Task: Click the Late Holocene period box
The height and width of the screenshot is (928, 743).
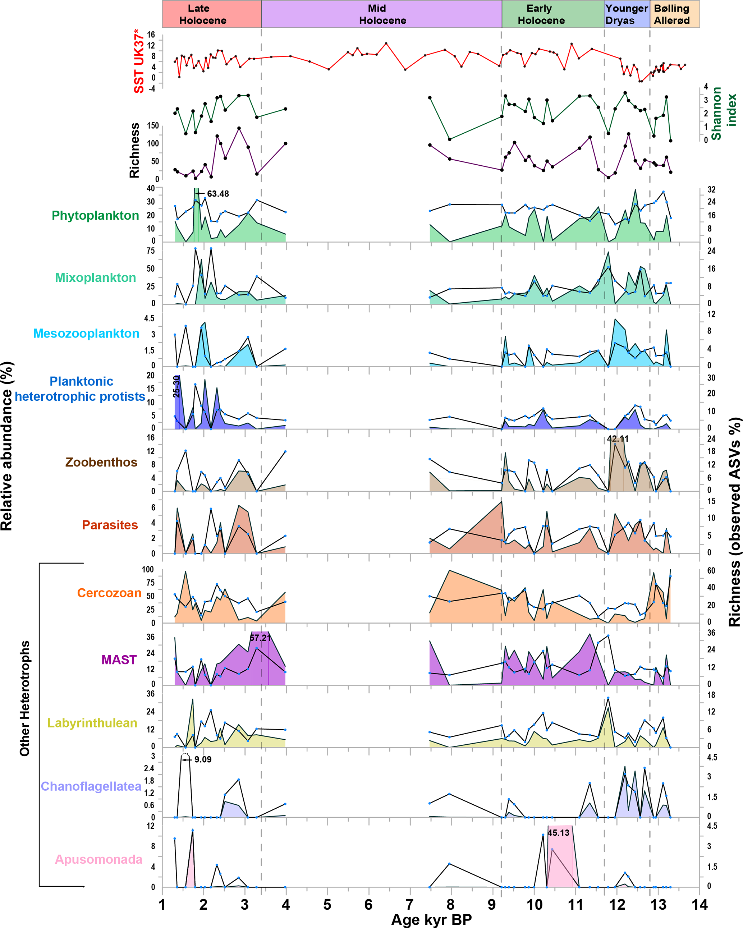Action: tap(211, 14)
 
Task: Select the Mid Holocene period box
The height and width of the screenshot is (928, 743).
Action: tap(381, 14)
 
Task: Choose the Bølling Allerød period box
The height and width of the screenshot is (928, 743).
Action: tap(674, 14)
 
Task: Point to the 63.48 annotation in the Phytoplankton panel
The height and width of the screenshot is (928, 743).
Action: tap(218, 194)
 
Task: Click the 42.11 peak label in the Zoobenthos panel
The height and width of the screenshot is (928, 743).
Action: tap(617, 439)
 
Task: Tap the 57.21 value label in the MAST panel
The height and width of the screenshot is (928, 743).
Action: tap(261, 638)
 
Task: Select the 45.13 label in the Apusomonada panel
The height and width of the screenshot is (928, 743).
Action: tap(558, 833)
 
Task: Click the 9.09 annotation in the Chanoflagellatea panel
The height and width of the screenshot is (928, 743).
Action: tap(203, 759)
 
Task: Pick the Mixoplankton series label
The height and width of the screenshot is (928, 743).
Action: tap(96, 277)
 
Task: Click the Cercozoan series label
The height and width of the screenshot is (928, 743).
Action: tap(109, 593)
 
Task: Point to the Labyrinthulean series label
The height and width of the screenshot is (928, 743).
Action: tap(92, 723)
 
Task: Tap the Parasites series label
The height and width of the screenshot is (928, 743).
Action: tap(110, 525)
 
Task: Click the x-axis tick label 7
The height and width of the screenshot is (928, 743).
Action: tap(409, 905)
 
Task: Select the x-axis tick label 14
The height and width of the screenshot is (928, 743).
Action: tap(700, 905)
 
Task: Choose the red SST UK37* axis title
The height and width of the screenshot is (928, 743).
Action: tap(139, 61)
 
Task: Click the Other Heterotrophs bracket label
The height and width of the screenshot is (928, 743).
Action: tap(24, 698)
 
